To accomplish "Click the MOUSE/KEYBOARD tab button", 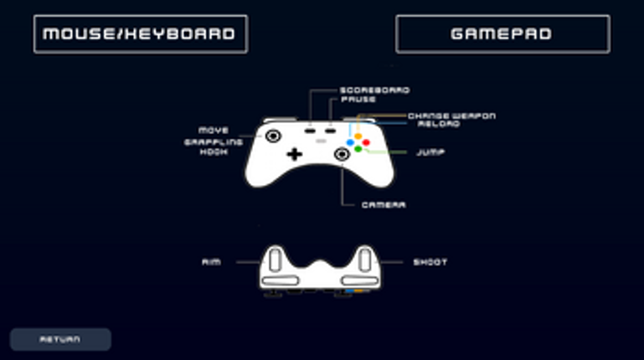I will tap(140, 34).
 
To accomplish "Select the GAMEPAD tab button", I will tap(502, 34).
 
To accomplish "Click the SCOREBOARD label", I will tap(374, 90).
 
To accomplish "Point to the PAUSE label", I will tap(358, 100).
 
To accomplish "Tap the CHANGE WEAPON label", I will tap(451, 116).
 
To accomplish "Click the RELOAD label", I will tap(438, 124).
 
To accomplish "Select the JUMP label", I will tap(430, 152).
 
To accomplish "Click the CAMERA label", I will tap(384, 204).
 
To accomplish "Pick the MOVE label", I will tap(214, 131).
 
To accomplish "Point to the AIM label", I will tap(210, 262).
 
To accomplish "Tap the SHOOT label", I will tap(430, 262).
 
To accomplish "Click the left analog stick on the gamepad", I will tap(273, 136).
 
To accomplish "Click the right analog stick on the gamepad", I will tap(343, 154).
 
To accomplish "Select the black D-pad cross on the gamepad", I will tap(294, 154).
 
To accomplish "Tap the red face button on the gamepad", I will tap(366, 142).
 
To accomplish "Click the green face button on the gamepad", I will tap(358, 149).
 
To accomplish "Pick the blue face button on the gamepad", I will tap(350, 142).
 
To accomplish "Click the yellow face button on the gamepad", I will tap(358, 136).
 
